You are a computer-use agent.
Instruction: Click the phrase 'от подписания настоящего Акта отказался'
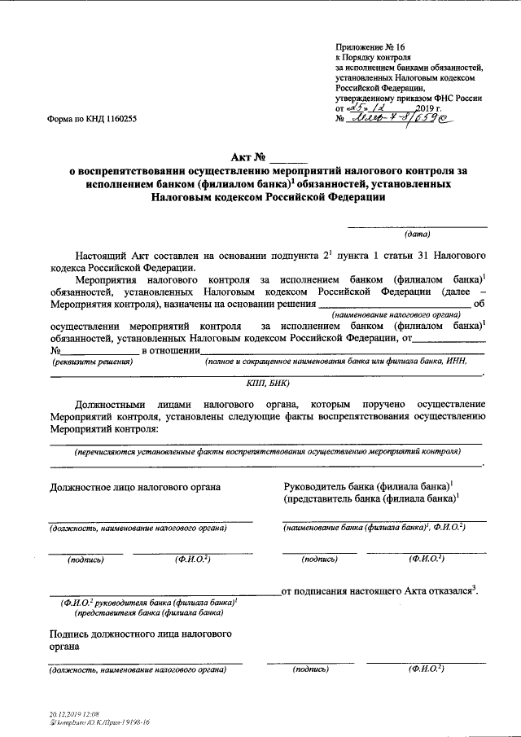pyautogui.click(x=377, y=592)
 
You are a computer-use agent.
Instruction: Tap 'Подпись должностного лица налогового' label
pyautogui.click(x=140, y=633)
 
